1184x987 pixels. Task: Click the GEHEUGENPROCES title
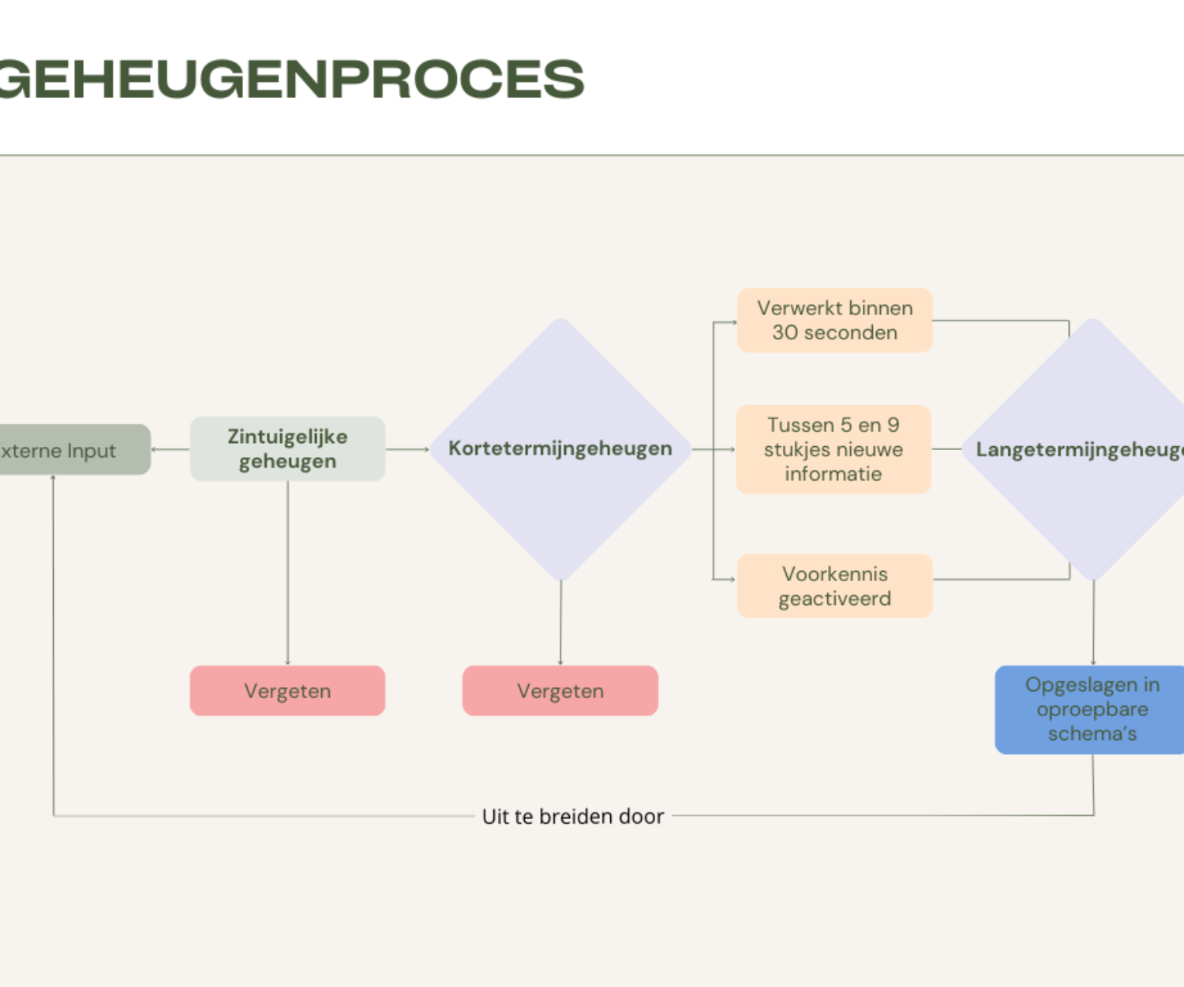[x=292, y=79]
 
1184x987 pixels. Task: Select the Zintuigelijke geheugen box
[x=287, y=448]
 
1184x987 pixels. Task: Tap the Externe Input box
[x=71, y=450]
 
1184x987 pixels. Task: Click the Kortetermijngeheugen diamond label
[x=560, y=448]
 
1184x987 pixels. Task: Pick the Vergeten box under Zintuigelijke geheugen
[x=287, y=691]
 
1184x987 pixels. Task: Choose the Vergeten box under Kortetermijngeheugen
[x=560, y=691]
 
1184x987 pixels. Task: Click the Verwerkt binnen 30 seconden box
[x=834, y=320]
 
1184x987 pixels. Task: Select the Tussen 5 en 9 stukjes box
[x=834, y=449]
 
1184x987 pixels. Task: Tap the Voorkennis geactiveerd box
[x=834, y=586]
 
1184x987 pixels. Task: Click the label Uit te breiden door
[x=573, y=816]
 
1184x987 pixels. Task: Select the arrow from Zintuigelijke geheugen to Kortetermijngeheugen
[x=407, y=449]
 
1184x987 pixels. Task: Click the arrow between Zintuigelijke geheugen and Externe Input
[x=170, y=449]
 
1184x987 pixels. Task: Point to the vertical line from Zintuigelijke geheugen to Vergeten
[x=287, y=572]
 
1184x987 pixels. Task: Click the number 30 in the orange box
[x=785, y=332]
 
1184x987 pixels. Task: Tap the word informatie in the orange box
[x=834, y=474]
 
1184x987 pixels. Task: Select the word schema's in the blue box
[x=1092, y=734]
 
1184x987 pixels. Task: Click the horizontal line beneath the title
[x=592, y=155]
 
